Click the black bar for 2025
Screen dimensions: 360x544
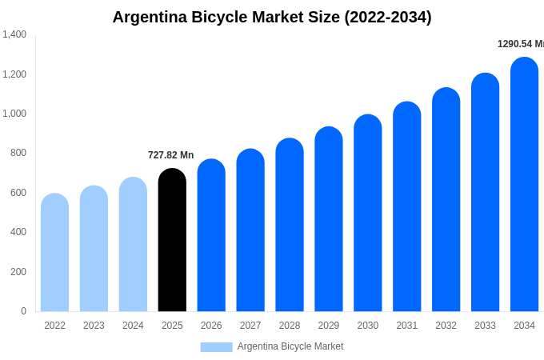click(172, 240)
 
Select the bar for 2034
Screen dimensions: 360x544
click(524, 184)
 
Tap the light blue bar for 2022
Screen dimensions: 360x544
click(54, 252)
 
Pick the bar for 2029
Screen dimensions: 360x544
click(329, 219)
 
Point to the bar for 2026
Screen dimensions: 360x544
click(211, 235)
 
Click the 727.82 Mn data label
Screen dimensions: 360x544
click(170, 155)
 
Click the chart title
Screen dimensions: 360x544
click(272, 17)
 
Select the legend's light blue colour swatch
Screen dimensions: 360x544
click(216, 347)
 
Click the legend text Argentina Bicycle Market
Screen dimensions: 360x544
click(290, 346)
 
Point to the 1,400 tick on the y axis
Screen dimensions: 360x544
click(14, 34)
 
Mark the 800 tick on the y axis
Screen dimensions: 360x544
click(18, 153)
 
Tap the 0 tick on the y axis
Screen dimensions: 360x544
click(23, 311)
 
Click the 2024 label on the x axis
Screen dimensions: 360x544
click(133, 326)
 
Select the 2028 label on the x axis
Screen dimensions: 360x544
click(290, 326)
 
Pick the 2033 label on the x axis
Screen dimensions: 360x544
click(485, 326)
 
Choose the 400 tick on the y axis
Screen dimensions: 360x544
click(18, 232)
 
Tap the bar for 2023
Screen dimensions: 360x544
click(94, 248)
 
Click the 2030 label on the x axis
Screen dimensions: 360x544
click(368, 326)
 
